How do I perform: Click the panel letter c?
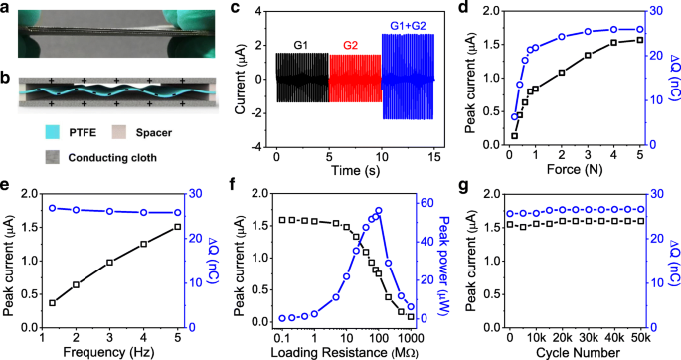[x=235, y=12]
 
